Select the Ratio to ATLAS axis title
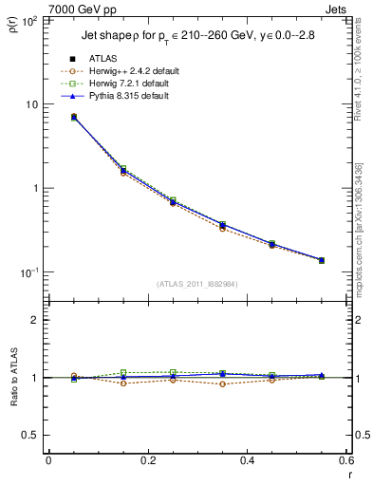pos(15,378)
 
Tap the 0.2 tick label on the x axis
pos(147,460)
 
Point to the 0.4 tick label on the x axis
pos(247,460)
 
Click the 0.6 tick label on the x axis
pos(344,460)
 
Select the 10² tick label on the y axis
pos(30,20)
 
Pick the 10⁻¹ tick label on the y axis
pos(30,272)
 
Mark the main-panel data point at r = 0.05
pos(74,117)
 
